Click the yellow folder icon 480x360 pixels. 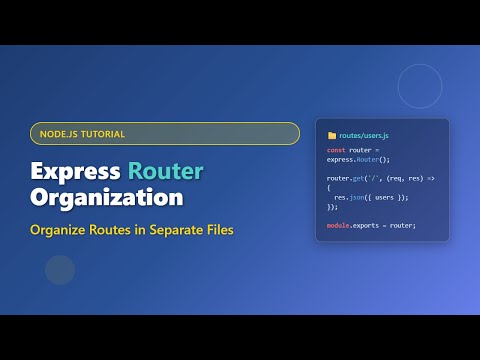(332, 134)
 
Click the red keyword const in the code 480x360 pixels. (336, 150)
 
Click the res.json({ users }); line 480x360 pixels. (371, 197)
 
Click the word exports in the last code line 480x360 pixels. (368, 225)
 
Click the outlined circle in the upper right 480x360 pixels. (420, 86)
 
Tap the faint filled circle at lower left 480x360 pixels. (60, 270)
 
